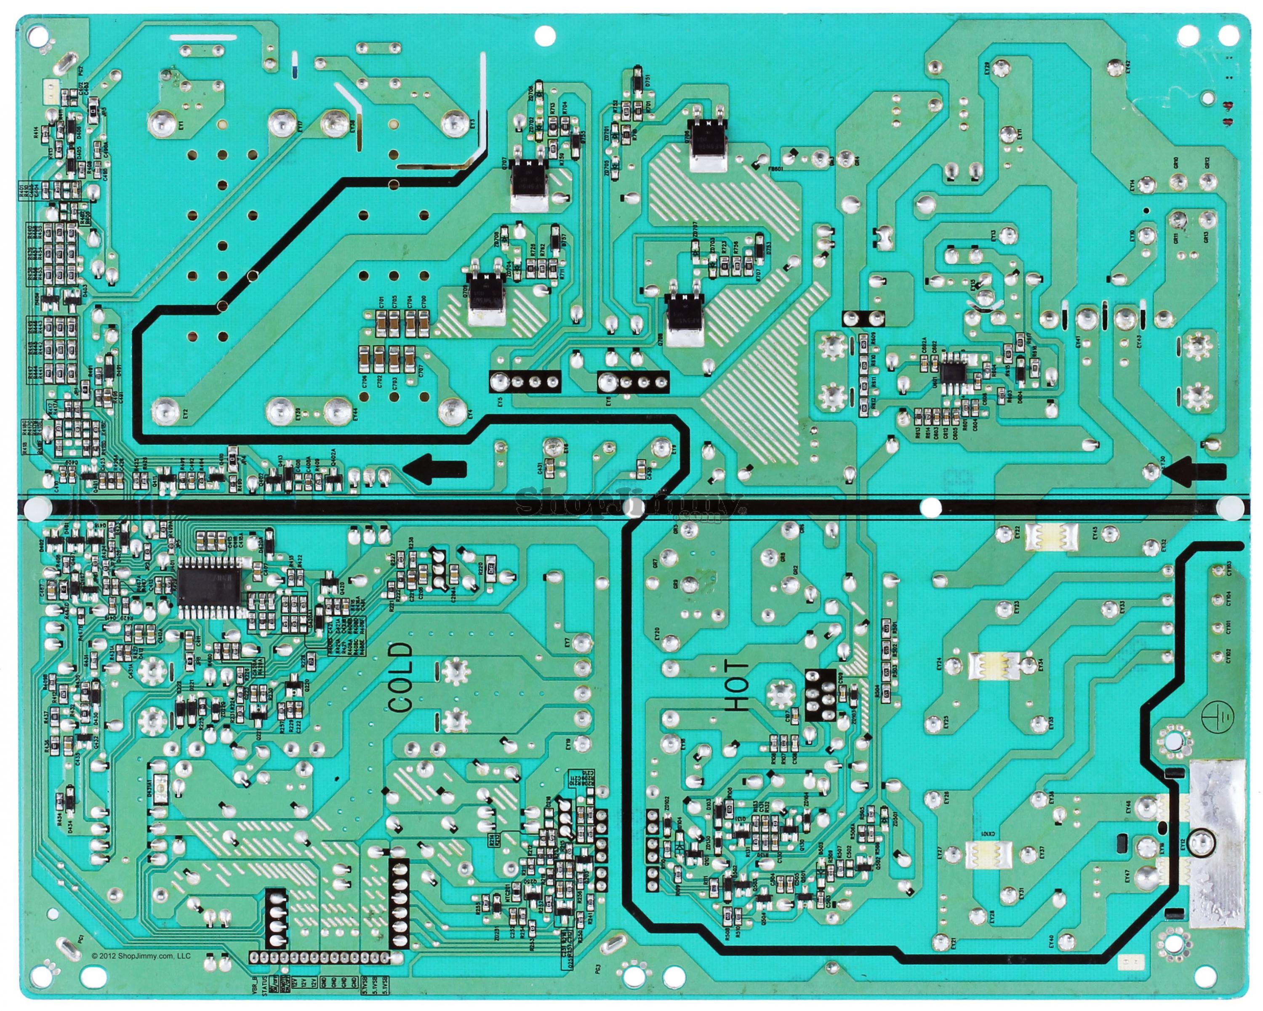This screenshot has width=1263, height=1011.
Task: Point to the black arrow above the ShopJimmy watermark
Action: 437,469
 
